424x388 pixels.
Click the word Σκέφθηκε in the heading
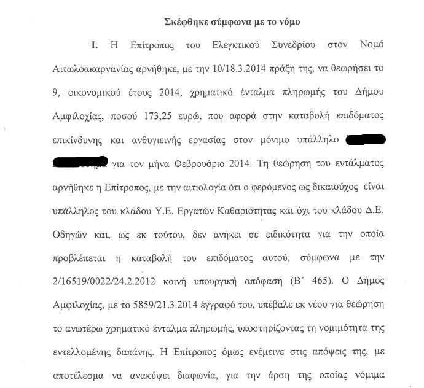[188, 22]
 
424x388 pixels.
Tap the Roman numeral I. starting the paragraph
[94, 45]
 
